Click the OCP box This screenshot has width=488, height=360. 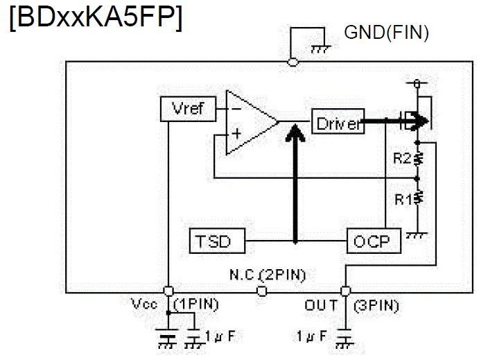coord(372,241)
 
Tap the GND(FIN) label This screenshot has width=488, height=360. coord(386,32)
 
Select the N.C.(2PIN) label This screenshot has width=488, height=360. coord(268,275)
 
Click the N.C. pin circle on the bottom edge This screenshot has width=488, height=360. coord(262,291)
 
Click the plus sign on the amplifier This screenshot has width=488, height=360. coord(236,135)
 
